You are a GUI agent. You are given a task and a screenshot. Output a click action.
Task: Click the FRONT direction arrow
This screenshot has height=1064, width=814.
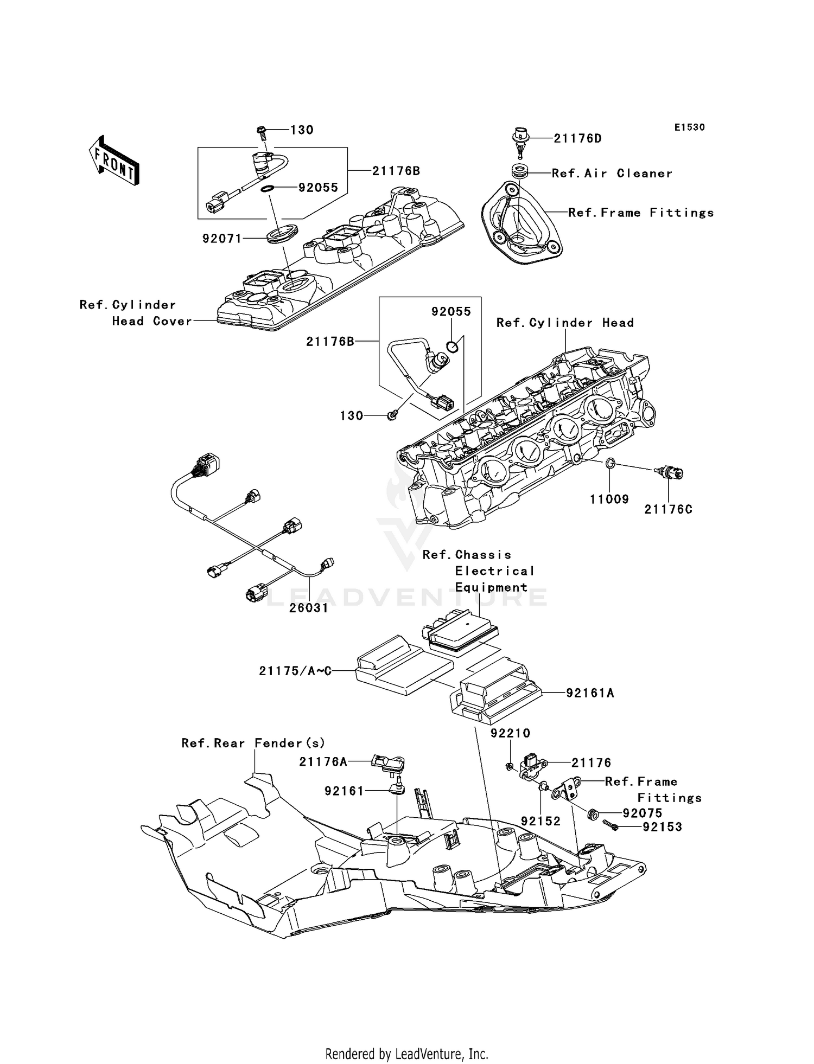tap(115, 162)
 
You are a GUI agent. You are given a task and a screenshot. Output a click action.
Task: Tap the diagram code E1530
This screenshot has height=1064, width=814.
tap(689, 127)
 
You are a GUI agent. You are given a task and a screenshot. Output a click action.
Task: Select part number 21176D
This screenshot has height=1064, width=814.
tap(577, 139)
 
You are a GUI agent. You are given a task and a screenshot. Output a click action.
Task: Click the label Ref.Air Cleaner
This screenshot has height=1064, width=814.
tap(612, 174)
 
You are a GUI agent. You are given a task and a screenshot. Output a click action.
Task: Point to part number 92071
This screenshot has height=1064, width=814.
tap(222, 239)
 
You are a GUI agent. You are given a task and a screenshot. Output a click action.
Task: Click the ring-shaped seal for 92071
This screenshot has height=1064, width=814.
tap(283, 236)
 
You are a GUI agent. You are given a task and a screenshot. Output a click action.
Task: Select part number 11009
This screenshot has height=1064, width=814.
tap(609, 499)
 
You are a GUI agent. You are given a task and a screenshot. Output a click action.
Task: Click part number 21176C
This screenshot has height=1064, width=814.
tap(668, 510)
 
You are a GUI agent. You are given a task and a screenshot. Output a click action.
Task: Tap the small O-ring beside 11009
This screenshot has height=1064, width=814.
tap(610, 464)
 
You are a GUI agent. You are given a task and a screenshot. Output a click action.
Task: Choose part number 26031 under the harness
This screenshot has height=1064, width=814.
tap(309, 608)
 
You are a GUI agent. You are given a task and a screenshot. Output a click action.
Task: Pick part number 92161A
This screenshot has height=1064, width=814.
tap(590, 693)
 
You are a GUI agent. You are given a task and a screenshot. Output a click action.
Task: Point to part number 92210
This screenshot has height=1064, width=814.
tap(510, 733)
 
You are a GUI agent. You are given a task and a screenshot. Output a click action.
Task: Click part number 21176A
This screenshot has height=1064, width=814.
tap(323, 762)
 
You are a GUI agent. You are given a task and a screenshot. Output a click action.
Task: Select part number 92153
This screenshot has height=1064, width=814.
tap(662, 827)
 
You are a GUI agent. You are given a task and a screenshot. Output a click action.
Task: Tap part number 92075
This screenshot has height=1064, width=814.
tap(643, 813)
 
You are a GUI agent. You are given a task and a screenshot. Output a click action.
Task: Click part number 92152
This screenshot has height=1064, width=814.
tap(540, 822)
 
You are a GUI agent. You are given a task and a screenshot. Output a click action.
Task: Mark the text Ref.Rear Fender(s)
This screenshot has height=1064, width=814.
tap(253, 743)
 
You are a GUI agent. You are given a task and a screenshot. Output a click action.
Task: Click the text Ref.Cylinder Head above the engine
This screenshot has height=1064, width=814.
tap(565, 323)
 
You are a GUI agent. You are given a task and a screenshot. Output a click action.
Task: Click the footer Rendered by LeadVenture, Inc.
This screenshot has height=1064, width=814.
tap(406, 1054)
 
